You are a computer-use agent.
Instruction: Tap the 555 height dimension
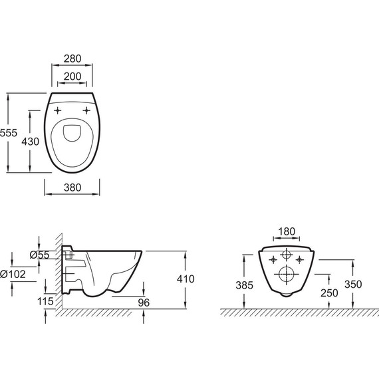tap(8, 133)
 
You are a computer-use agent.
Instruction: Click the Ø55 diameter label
tap(41, 254)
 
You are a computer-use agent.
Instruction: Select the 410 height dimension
tap(186, 279)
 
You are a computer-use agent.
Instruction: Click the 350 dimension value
tap(353, 284)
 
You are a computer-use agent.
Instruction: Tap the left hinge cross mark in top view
tap(58, 110)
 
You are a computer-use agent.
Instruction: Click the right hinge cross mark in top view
tap(86, 110)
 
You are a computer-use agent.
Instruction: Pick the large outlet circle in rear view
tap(286, 273)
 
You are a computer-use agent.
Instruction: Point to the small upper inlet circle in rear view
tap(286, 255)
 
